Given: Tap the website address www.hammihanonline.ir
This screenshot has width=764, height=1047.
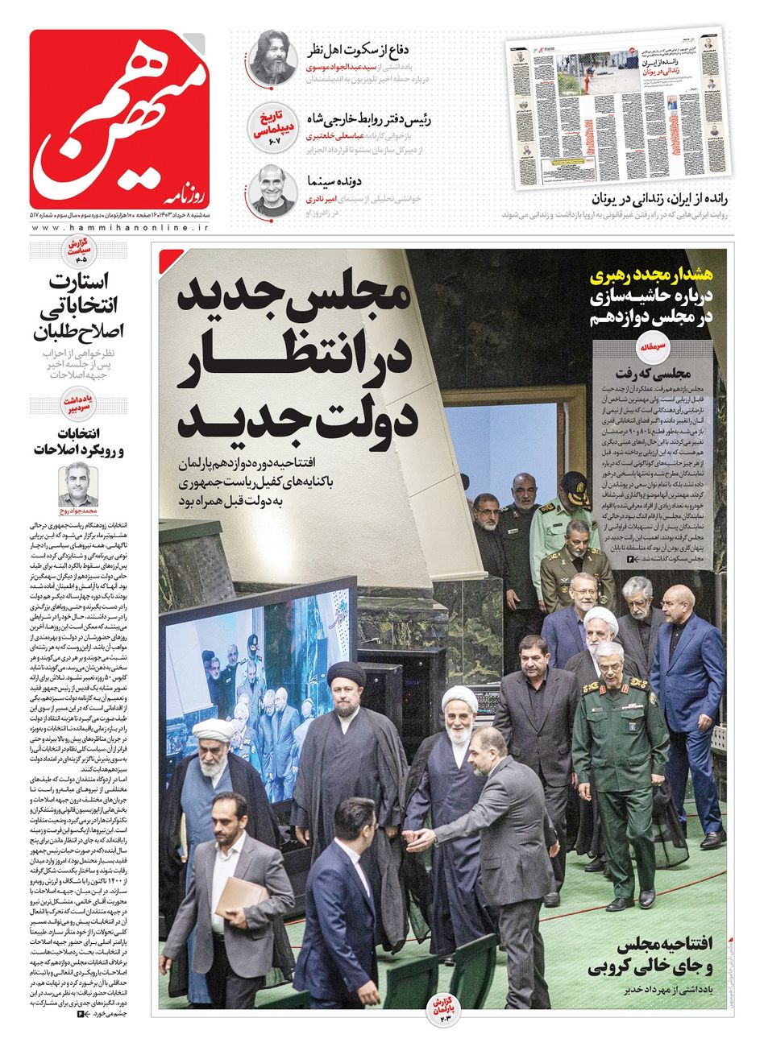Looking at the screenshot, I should pyautogui.click(x=121, y=229).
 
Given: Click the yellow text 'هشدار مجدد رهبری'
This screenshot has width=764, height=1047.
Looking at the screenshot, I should pyautogui.click(x=646, y=275).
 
